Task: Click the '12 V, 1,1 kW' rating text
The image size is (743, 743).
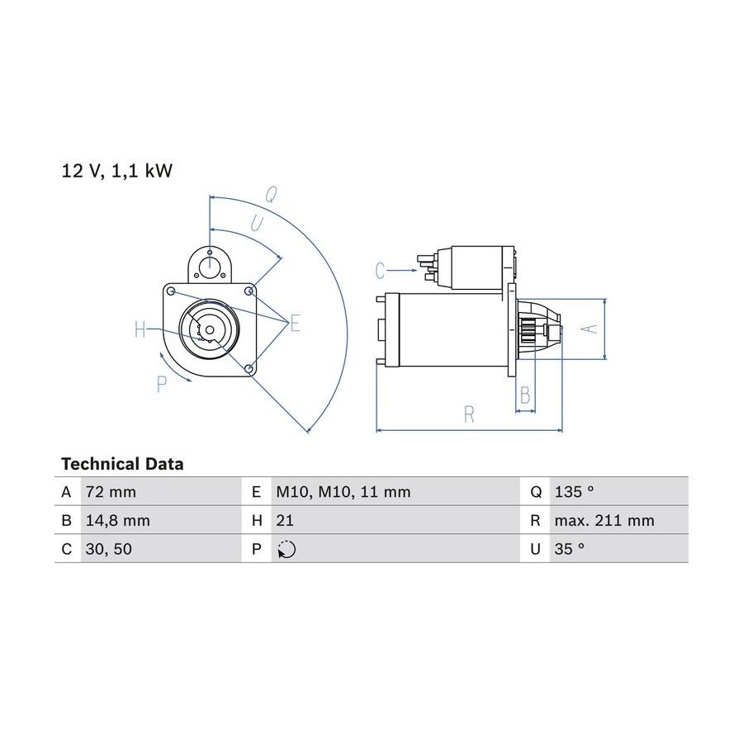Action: (117, 171)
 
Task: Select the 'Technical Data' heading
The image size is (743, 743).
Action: (122, 464)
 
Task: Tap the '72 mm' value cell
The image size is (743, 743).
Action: (111, 492)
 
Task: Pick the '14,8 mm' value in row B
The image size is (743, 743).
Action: (118, 521)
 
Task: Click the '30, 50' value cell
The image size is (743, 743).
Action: (109, 549)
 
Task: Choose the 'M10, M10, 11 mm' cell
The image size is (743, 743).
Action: (343, 492)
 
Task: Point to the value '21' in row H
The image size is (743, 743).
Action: (285, 521)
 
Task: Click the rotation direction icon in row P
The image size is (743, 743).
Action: (286, 550)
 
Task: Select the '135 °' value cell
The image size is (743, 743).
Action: (574, 492)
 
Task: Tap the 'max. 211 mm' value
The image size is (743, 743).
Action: (604, 521)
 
